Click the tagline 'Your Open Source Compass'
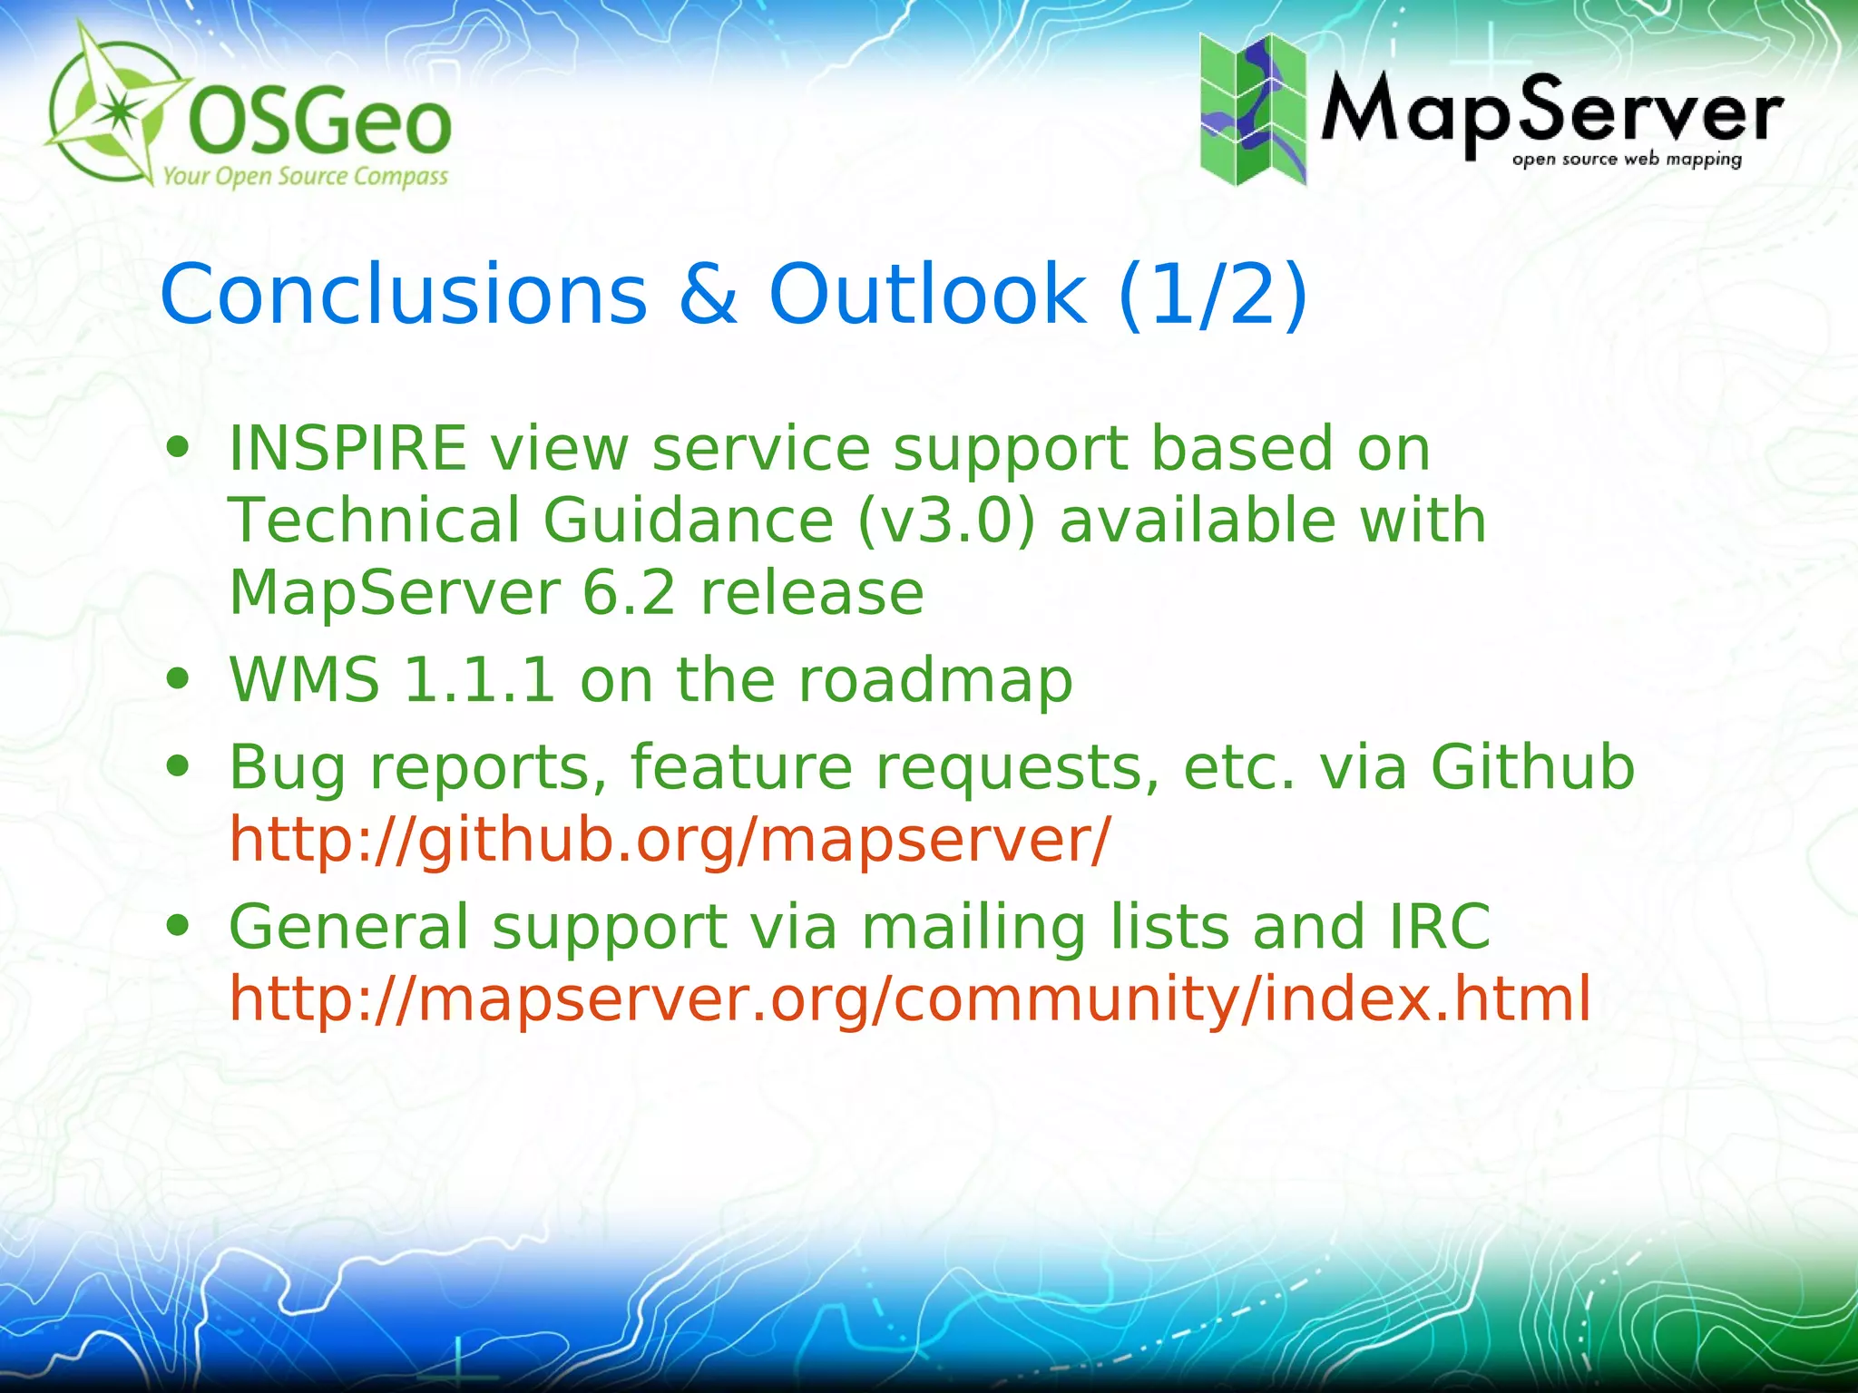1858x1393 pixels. [x=305, y=176]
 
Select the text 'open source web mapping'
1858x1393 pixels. [x=1627, y=160]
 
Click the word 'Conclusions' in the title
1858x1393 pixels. [x=404, y=295]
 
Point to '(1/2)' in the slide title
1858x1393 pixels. [x=1213, y=295]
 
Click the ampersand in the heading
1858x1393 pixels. [x=708, y=295]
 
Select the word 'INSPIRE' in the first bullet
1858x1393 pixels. [x=347, y=449]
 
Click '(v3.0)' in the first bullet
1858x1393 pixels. [x=946, y=521]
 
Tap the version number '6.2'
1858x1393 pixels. [x=629, y=593]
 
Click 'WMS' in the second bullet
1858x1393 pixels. [x=304, y=680]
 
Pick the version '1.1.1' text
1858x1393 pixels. [x=479, y=680]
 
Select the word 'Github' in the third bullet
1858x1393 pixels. [x=1532, y=767]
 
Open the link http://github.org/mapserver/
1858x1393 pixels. [x=670, y=840]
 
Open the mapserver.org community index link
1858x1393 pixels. [x=910, y=999]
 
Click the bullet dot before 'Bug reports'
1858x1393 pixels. [x=178, y=767]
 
